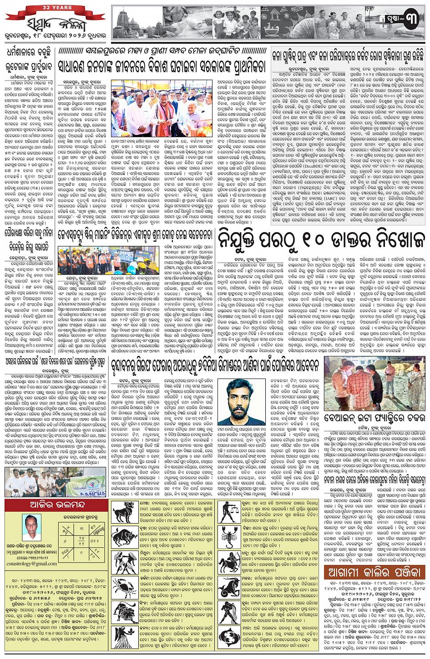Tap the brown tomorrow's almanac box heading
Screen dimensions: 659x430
tap(374, 572)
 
